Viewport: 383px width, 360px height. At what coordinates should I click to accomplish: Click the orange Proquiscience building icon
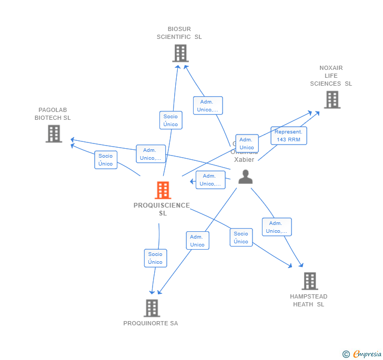163,190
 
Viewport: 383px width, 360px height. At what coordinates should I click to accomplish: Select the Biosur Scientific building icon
180,54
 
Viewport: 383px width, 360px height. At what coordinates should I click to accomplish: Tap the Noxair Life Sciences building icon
332,99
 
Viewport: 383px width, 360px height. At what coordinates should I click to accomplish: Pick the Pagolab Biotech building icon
54,133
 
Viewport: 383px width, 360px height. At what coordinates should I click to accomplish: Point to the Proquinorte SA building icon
152,308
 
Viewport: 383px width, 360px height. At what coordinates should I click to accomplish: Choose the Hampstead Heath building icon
309,281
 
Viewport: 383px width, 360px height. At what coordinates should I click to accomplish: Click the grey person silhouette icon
245,177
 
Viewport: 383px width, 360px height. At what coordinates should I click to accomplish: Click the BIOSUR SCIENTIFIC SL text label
179,33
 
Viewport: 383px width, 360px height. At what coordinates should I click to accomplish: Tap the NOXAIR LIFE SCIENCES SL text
331,76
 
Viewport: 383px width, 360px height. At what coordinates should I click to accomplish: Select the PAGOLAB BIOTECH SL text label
53,114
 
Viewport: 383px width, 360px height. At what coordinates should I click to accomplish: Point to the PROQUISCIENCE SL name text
162,209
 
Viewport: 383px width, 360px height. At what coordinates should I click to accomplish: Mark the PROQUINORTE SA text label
150,323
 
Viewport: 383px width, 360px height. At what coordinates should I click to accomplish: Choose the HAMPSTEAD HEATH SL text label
309,300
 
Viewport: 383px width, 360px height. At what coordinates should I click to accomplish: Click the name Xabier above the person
244,159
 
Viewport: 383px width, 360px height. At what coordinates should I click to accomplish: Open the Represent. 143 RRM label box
289,136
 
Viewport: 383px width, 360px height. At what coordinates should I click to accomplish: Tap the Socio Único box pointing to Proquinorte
155,258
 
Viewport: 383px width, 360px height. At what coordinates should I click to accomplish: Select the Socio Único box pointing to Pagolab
105,160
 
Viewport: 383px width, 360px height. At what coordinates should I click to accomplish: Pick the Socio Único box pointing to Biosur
170,120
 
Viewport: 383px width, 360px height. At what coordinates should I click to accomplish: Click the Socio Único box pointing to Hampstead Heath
241,238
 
